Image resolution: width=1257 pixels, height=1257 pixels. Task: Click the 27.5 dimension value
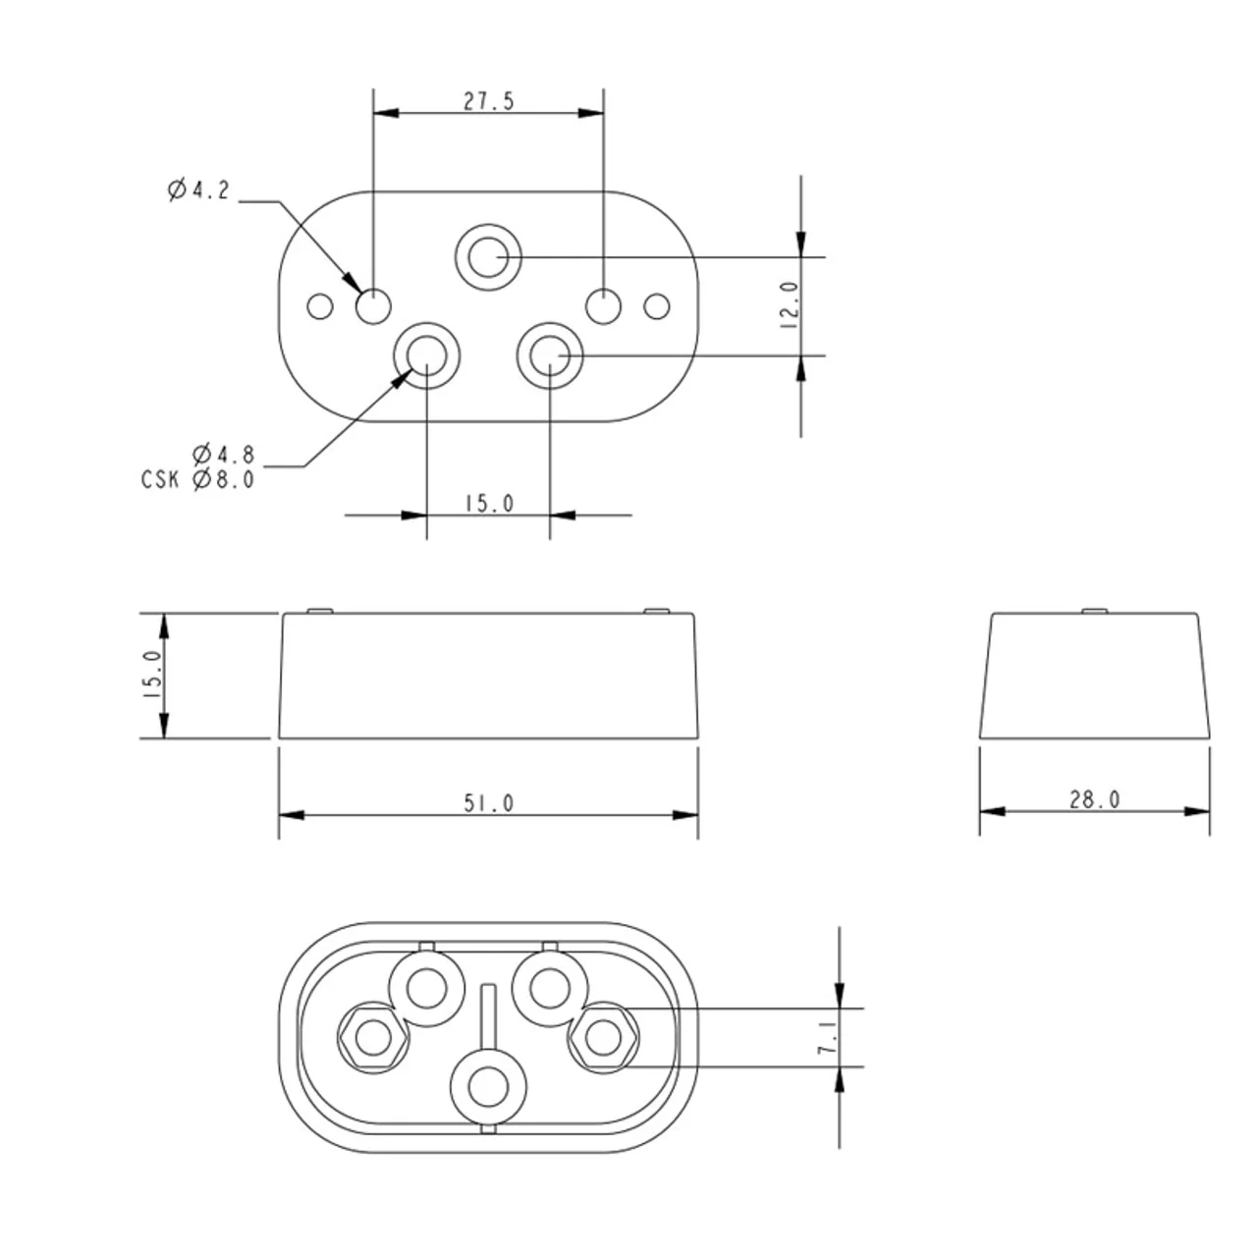489,101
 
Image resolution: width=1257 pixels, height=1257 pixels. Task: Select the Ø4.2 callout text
199,190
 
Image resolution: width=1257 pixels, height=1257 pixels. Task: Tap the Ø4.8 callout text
224,454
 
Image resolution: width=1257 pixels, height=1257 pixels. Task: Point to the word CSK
160,480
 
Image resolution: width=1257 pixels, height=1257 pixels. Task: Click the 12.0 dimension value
789,305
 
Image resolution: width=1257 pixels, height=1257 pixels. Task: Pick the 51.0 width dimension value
489,803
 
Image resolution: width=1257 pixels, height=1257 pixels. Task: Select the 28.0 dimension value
1094,799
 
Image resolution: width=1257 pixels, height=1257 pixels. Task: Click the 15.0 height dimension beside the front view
152,676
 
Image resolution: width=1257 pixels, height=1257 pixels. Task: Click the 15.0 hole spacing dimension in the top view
489,503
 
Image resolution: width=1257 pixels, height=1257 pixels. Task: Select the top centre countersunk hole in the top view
488,257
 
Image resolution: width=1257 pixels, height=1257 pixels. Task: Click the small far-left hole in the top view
319,306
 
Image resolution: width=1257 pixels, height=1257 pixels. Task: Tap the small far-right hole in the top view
656,306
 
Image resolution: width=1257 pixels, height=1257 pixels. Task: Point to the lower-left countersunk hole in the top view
426,355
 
